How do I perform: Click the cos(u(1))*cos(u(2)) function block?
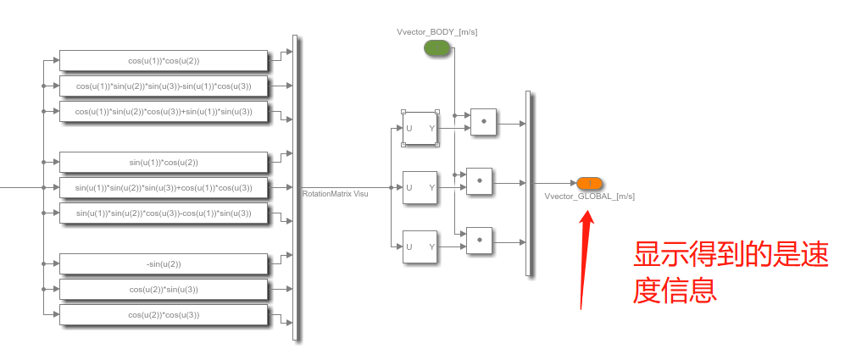[164, 61]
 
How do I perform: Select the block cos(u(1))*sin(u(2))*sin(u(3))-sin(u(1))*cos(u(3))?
[164, 86]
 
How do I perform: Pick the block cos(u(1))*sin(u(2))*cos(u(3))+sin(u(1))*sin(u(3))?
[164, 111]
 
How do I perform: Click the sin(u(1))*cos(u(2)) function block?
[164, 162]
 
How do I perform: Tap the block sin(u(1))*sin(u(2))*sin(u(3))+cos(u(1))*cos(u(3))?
[164, 187]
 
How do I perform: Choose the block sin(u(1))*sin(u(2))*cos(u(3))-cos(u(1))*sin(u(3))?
[164, 213]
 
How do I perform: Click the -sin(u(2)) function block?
[164, 263]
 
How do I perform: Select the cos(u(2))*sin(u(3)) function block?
[164, 289]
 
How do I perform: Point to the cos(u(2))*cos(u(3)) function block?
[164, 314]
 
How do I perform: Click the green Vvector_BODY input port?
[437, 49]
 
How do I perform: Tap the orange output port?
[588, 183]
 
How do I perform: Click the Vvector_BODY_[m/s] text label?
[437, 32]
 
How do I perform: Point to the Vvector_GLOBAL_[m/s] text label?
[589, 197]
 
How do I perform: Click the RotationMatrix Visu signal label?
[336, 194]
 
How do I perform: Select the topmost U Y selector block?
[420, 128]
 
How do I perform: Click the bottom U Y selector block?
[420, 246]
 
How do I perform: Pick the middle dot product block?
[481, 181]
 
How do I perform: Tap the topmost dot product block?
[483, 122]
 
